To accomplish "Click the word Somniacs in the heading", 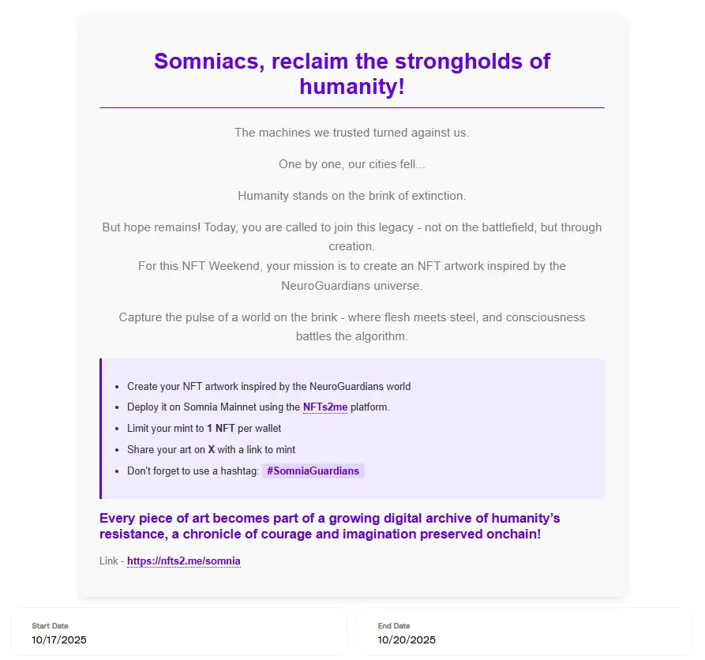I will click(207, 61).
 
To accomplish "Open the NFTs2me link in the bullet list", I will click(325, 407).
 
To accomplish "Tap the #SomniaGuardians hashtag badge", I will click(313, 471).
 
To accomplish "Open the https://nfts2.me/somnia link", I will click(183, 561).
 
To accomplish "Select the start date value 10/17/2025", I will click(59, 639).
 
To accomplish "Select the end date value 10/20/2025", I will click(407, 639).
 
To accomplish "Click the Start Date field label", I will click(50, 626).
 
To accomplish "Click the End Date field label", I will click(394, 626).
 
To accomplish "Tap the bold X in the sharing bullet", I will click(211, 450).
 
